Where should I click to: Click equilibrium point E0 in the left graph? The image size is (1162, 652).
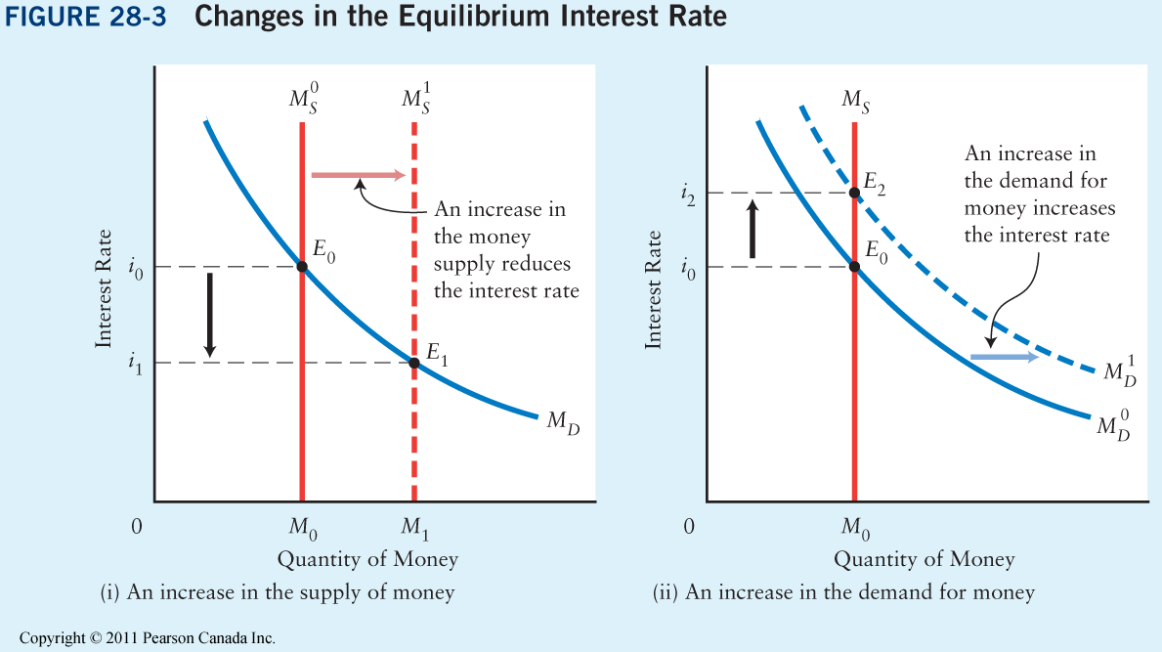pos(302,267)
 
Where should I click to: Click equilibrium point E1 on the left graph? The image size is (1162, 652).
pos(414,364)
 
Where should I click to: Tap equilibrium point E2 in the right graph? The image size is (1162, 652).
pos(855,193)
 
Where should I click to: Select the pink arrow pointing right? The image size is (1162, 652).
pos(358,175)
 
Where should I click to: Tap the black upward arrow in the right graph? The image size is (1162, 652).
pos(752,229)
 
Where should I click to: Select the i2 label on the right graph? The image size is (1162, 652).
pos(690,194)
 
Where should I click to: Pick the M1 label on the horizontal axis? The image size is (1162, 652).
pos(415,530)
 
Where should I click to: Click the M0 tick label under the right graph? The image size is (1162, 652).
pos(855,530)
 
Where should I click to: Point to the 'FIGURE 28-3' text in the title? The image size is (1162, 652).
pos(90,19)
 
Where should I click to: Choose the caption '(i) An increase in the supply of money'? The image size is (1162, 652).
pos(278,591)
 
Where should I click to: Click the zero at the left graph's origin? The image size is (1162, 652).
pos(137,527)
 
